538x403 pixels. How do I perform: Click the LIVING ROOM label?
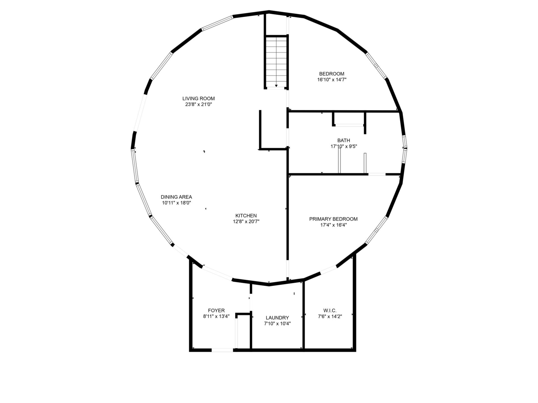tap(198, 99)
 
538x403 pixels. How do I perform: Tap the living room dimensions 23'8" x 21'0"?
tap(198, 104)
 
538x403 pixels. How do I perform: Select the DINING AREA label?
tap(176, 197)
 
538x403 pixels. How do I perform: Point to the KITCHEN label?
tap(246, 216)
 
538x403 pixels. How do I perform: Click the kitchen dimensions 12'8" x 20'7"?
tap(246, 222)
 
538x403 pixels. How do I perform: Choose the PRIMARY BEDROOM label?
tap(333, 219)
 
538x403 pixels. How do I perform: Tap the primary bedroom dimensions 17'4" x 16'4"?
tap(333, 225)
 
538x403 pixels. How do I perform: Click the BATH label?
tap(344, 140)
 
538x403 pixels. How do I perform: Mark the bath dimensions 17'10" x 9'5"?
tap(344, 146)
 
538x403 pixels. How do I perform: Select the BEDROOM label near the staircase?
tap(332, 74)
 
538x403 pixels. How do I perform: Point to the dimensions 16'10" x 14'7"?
tap(332, 80)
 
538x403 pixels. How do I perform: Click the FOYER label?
tap(216, 311)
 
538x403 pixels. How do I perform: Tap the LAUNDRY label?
tap(277, 318)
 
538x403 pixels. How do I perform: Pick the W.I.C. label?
tap(330, 311)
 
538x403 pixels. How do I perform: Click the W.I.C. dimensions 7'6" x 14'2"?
tap(330, 317)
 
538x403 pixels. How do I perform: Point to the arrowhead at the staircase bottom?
tap(276, 86)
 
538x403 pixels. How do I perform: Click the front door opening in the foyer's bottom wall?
tap(222, 350)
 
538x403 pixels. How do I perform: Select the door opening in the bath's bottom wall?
tap(377, 174)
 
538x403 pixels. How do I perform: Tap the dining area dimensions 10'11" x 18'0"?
tap(176, 203)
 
